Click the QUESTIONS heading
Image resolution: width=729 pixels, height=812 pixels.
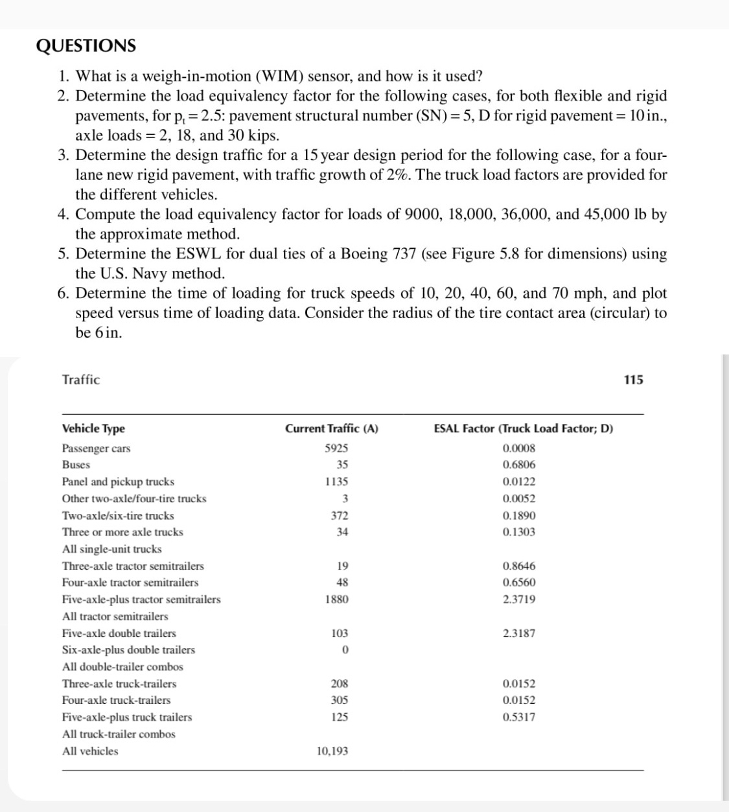[86, 46]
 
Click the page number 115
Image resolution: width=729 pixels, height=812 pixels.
[633, 380]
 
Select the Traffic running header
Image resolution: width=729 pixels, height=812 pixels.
[81, 380]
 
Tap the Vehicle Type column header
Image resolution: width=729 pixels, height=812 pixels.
[93, 428]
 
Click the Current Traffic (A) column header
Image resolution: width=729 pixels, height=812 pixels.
[332, 428]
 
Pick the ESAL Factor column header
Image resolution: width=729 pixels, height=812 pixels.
[523, 428]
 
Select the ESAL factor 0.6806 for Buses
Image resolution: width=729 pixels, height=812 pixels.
[519, 465]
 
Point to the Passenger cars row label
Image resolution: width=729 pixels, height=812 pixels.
[96, 448]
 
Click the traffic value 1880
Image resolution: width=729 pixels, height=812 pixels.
[336, 599]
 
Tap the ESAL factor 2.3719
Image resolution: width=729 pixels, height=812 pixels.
[519, 599]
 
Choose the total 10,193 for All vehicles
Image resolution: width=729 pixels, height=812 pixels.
[332, 751]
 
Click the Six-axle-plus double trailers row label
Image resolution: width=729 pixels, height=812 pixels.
[128, 650]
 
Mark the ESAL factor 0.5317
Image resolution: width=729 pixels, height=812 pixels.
[519, 717]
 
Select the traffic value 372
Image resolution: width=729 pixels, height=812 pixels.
[339, 516]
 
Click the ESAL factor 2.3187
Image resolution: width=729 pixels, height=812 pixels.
[519, 633]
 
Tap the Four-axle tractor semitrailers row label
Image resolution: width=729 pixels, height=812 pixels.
[130, 583]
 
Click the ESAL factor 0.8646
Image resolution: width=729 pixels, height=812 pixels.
[519, 566]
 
